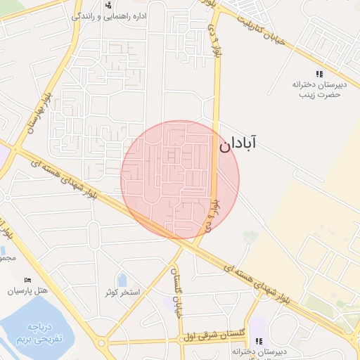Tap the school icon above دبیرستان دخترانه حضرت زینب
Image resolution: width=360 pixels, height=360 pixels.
319,73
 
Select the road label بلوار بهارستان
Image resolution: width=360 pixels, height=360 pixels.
37,112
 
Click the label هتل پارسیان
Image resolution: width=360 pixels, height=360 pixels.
27,290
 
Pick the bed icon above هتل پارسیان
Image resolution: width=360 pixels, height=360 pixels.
27,280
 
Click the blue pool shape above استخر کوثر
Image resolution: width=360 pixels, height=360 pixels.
122,280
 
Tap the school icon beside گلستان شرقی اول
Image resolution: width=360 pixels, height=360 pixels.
259,342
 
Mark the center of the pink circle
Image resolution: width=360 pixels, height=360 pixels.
180,180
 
